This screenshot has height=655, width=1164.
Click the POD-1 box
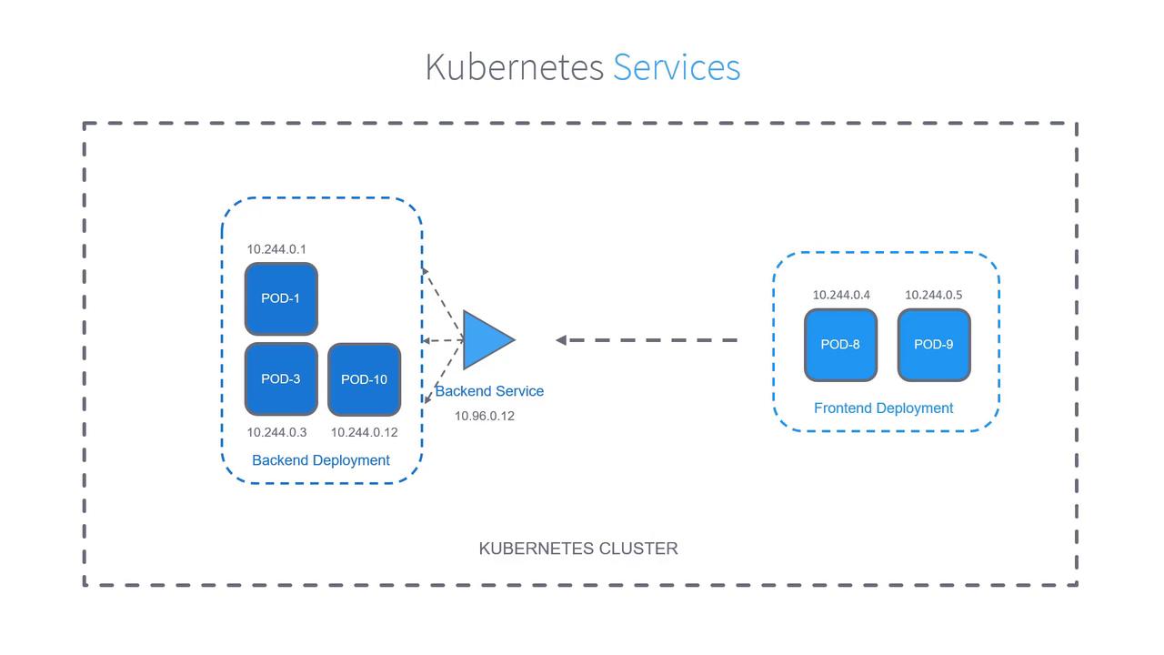(x=281, y=298)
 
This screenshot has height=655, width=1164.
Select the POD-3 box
(x=281, y=378)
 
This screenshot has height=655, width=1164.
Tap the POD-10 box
(x=364, y=379)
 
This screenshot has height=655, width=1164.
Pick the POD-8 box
(x=840, y=345)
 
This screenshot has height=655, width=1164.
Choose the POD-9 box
(x=934, y=345)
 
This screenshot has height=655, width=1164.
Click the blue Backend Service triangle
(x=486, y=340)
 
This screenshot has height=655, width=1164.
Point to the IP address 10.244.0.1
(x=276, y=249)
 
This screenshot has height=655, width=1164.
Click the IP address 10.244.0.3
(x=276, y=432)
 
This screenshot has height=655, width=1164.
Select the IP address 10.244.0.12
(x=364, y=432)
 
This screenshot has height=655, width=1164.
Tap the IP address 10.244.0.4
(x=841, y=295)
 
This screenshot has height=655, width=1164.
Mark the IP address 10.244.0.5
(x=933, y=295)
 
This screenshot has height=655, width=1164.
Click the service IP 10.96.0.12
(x=485, y=416)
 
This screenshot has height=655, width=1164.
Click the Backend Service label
(x=489, y=391)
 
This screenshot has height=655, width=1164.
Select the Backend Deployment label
(x=321, y=460)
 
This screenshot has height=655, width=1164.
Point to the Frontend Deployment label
(x=884, y=408)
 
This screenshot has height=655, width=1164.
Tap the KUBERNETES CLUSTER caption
(x=578, y=549)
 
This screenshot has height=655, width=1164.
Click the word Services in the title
(x=677, y=67)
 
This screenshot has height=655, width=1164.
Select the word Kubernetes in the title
(x=514, y=67)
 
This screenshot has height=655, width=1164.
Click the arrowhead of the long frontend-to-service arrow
(x=561, y=340)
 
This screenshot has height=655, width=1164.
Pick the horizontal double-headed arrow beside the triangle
(x=443, y=340)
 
